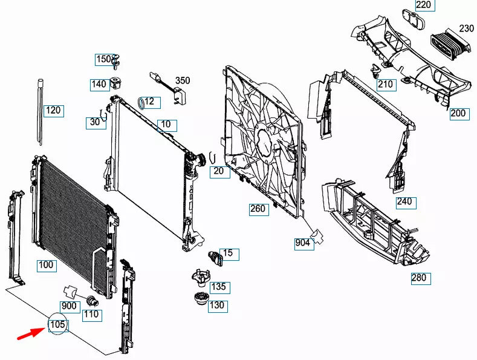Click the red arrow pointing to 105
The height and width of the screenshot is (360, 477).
pos(28,333)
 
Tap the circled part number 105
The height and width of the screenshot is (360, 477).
pos(57,326)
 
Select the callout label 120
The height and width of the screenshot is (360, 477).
pos(54,111)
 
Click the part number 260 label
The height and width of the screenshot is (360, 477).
pos(258,209)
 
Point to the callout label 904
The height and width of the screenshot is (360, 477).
pos(302,243)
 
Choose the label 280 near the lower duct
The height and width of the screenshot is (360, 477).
pos(418,278)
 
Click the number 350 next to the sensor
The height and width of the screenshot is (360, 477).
pos(183,80)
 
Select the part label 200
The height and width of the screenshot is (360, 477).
pos(458,113)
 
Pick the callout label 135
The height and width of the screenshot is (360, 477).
pos(218,286)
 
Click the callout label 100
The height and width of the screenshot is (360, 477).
pos(46,265)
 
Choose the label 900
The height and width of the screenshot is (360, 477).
pos(70,306)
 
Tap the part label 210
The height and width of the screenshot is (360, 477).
pos(385,84)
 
